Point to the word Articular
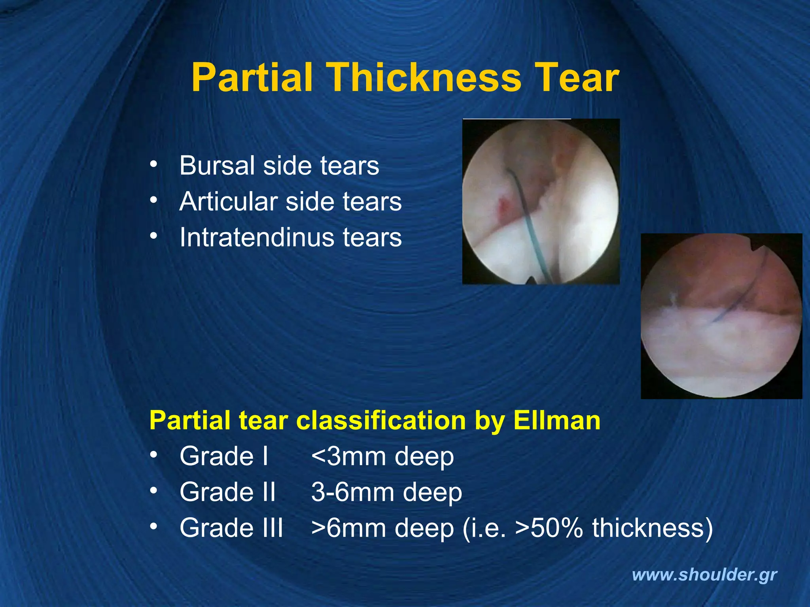tap(228, 202)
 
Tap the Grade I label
tap(224, 456)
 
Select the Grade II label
tap(227, 492)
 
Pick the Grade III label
tap(231, 528)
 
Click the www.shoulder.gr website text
tap(704, 575)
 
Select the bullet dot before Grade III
tap(153, 526)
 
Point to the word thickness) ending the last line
tap(652, 528)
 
